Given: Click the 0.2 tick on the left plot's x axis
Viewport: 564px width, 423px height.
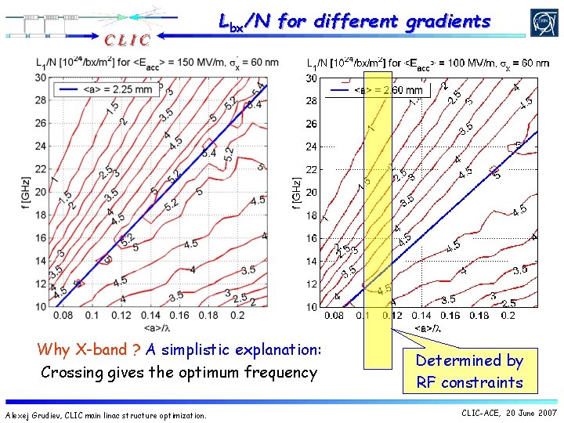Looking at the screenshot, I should [x=238, y=314].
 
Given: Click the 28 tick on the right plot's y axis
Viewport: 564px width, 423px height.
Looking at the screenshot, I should [x=312, y=101].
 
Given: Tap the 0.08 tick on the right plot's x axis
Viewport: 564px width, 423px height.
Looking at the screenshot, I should [x=333, y=315].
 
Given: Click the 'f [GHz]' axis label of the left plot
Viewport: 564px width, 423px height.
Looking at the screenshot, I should [x=27, y=192].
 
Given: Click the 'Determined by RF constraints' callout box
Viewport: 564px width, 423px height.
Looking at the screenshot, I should [x=469, y=371].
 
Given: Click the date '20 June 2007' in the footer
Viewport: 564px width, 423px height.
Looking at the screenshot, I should [x=531, y=413].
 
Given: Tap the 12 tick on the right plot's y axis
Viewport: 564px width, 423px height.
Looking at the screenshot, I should [x=312, y=284].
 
